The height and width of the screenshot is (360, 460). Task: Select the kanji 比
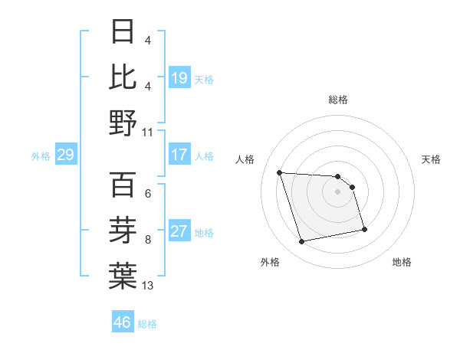coord(123,77)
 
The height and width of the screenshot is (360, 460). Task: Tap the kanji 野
coord(123,122)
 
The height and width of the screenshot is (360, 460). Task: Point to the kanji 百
coord(123,185)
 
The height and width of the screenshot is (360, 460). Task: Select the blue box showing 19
coord(179,78)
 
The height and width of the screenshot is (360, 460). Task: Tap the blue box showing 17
coord(179,155)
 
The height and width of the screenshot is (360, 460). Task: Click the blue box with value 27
coord(179,231)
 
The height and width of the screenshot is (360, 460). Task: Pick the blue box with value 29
coord(66,155)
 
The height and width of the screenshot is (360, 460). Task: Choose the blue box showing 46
coord(123,322)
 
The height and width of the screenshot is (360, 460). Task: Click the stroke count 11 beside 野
coord(148,131)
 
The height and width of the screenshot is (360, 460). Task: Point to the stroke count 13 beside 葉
coord(148,286)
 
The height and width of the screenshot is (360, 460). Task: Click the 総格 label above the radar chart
coord(337,100)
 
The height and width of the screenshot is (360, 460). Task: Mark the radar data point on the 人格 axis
coord(280,172)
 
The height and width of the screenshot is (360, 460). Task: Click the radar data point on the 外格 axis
coord(302,242)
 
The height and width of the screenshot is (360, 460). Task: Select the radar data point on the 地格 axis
coord(364,229)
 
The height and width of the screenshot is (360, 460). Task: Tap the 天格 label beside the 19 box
coord(204,80)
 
